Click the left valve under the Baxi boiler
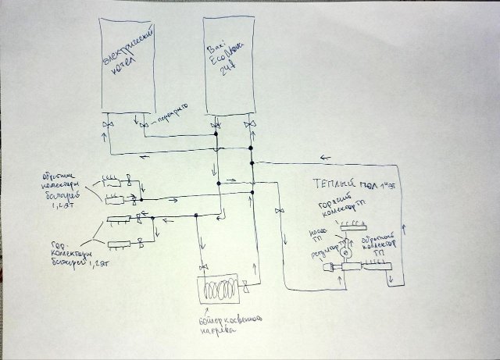[x=215, y=125]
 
